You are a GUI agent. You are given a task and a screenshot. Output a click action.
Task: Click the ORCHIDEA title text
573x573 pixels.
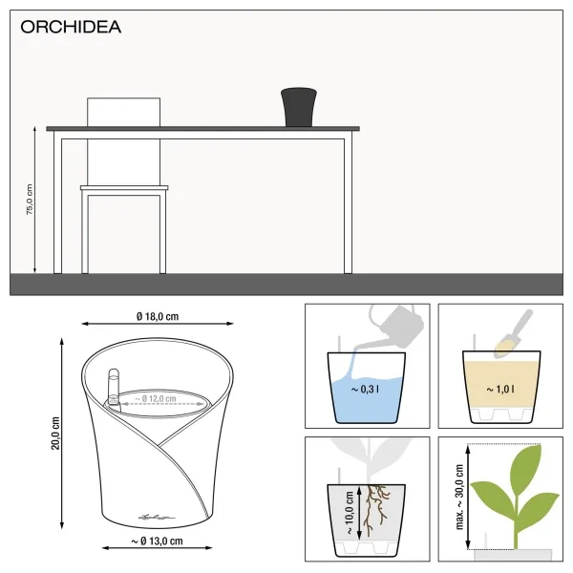71,27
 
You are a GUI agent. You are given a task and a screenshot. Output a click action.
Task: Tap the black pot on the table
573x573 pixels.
299,106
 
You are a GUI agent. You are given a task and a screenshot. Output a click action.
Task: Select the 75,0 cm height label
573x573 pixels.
29,200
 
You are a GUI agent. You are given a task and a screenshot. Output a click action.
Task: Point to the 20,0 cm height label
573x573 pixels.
55,434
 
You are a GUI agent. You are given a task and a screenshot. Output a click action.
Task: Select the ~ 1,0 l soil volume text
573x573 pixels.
499,389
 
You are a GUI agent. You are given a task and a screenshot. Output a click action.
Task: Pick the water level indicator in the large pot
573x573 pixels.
112,391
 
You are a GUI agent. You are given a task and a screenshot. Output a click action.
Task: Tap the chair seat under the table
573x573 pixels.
124,188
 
